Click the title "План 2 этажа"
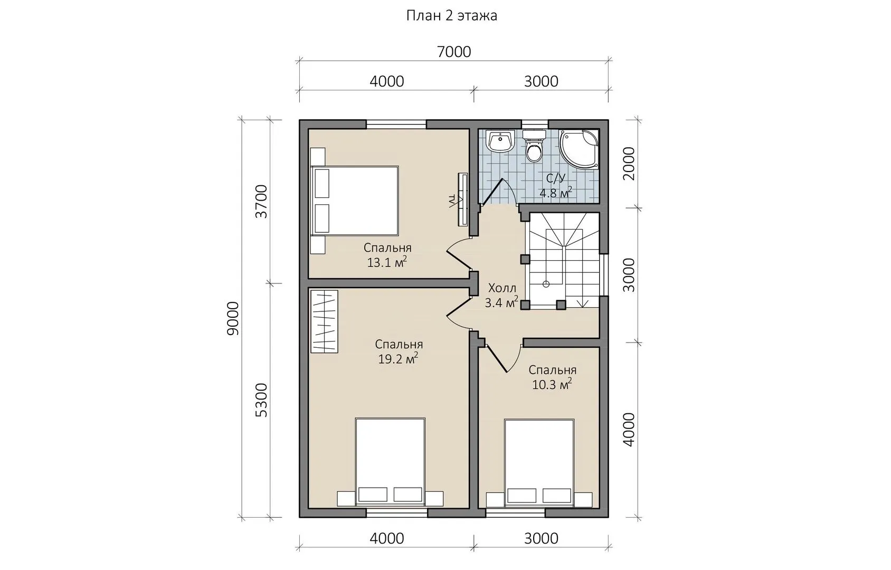click(451, 15)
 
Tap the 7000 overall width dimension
click(454, 52)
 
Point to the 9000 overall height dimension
click(233, 318)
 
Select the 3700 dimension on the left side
click(261, 201)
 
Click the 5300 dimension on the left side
click(261, 400)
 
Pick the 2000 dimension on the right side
click(629, 164)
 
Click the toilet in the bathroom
click(534, 146)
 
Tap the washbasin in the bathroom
click(501, 141)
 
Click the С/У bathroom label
click(556, 178)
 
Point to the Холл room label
click(502, 288)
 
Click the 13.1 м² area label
click(387, 262)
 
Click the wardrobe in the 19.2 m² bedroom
click(324, 321)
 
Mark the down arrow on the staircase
click(582, 302)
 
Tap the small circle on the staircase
click(546, 284)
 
